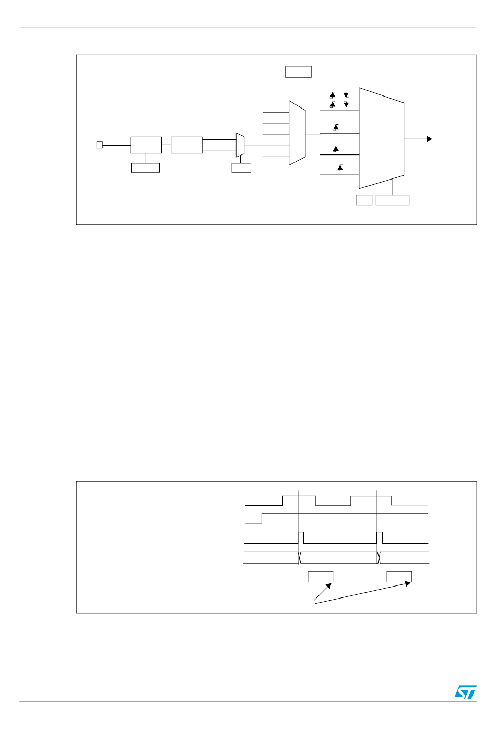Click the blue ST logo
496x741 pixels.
465,692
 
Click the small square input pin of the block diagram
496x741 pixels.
100,145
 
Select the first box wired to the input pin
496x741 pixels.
146,145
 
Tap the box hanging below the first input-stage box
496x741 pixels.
145,168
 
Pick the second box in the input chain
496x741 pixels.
186,145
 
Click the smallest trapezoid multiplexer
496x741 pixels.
240,145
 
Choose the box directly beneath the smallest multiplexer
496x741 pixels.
241,168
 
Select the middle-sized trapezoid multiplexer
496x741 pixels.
297,133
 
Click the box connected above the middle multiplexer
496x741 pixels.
298,71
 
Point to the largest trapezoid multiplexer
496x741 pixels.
381,138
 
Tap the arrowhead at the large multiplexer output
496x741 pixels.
430,139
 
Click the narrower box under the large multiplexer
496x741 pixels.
364,200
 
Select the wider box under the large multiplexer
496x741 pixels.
392,200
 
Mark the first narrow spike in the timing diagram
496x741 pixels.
300,537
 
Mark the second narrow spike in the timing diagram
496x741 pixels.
380,537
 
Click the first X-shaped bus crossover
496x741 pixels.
300,557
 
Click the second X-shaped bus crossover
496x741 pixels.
379,557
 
